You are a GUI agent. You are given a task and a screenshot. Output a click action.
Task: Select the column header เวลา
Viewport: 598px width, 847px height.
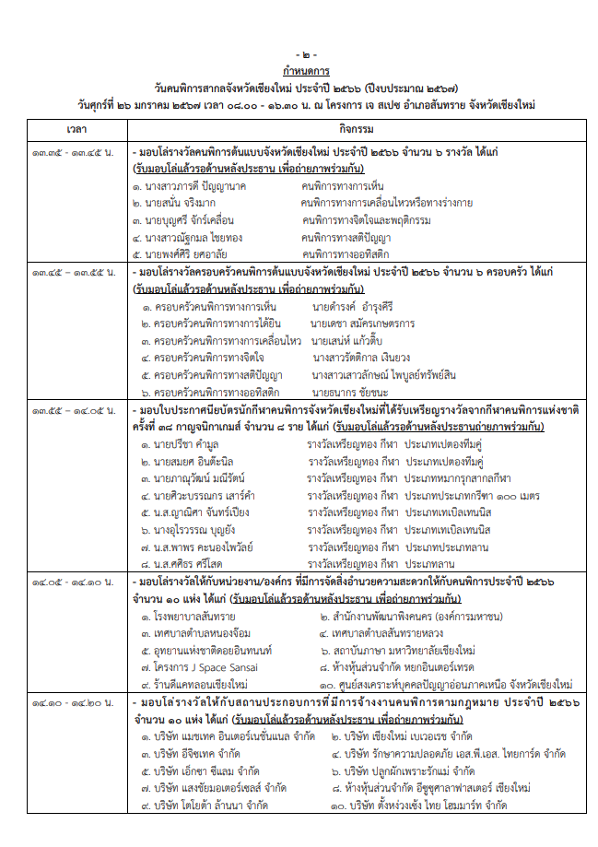point(77,124)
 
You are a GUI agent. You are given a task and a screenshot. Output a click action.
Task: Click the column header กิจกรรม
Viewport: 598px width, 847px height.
point(355,124)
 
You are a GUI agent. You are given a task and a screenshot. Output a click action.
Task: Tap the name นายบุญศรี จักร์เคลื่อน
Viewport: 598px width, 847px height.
point(182,220)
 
